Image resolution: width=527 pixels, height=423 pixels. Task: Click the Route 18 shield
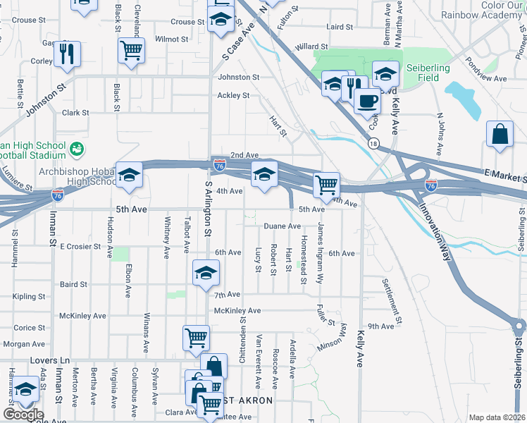(x=373, y=143)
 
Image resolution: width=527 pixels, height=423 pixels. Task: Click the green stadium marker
(x=77, y=149)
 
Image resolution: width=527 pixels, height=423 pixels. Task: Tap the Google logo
(x=23, y=414)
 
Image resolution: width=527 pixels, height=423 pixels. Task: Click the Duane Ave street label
(x=282, y=226)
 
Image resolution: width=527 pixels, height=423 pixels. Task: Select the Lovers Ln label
(x=47, y=360)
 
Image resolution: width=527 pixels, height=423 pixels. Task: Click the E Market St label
(x=503, y=173)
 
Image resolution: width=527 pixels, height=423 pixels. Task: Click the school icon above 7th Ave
(x=205, y=274)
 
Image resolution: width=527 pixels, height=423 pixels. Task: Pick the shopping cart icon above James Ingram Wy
(x=326, y=185)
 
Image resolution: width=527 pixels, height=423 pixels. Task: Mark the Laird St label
(x=340, y=27)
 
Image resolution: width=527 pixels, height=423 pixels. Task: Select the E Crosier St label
(x=82, y=246)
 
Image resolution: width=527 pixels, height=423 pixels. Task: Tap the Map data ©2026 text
(x=497, y=417)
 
